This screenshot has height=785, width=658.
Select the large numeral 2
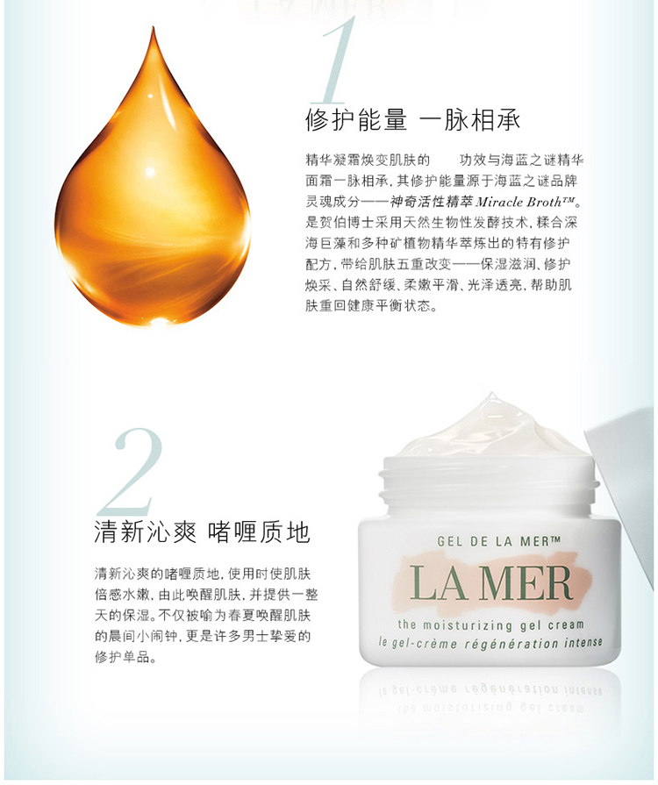pos(132,469)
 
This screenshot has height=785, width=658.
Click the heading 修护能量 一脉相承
pos(412,120)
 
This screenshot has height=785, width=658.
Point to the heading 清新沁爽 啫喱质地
pos(202,532)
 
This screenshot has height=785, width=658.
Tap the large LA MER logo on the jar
pos(490,582)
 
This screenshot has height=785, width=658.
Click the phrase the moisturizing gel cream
pos(490,624)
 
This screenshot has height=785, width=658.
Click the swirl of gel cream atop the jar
pos(491,430)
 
